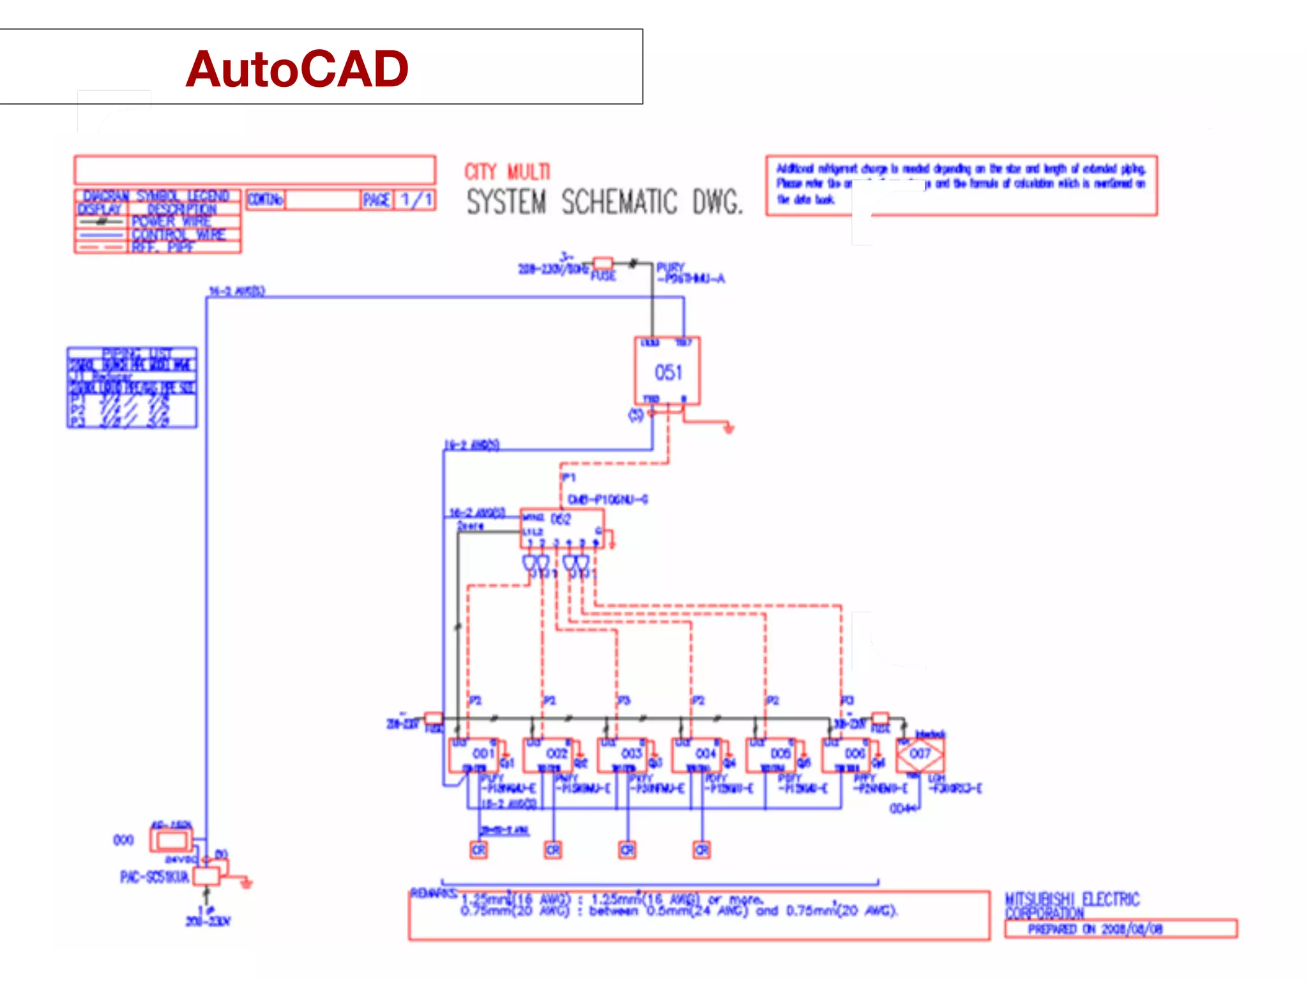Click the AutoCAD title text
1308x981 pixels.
(x=297, y=69)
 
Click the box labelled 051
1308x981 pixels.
(x=667, y=372)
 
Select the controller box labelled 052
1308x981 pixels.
(x=561, y=528)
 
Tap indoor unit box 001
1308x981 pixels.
(x=474, y=756)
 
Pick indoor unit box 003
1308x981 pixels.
(x=623, y=756)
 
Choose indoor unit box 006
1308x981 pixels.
(x=846, y=756)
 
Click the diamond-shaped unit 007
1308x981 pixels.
(x=920, y=754)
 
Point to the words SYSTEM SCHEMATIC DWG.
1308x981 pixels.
(x=604, y=202)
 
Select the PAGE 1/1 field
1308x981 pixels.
(x=399, y=200)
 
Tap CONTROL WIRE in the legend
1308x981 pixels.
(x=179, y=234)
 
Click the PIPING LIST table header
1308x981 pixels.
(x=132, y=353)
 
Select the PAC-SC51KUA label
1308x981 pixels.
(x=155, y=877)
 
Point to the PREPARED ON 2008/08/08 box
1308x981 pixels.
(x=1120, y=929)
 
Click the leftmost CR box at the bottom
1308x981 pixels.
(x=478, y=850)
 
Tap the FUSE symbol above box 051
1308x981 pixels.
(x=603, y=263)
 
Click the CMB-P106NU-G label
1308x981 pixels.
(x=607, y=499)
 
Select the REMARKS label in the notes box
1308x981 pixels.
(x=433, y=893)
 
